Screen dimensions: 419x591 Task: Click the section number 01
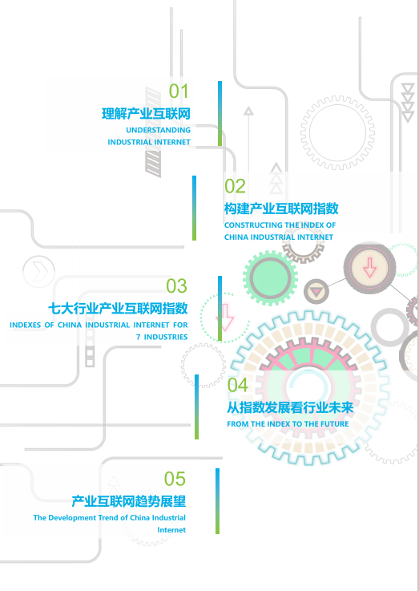[x=179, y=91]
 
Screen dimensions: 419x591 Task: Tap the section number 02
[x=235, y=186]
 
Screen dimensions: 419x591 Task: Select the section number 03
[x=176, y=286]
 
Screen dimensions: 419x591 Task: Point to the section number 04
[x=238, y=385]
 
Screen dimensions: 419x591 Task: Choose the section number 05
[x=175, y=479]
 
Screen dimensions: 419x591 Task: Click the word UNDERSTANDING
[x=158, y=130]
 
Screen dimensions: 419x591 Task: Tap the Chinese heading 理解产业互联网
[x=146, y=113]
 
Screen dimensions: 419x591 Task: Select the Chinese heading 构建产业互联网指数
[x=281, y=208]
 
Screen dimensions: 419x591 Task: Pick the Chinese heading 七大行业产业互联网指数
[x=118, y=308]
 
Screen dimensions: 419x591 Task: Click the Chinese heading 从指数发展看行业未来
[x=290, y=407]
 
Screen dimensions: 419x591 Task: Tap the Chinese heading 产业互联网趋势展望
[x=129, y=501]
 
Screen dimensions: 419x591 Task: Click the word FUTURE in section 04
[x=334, y=424]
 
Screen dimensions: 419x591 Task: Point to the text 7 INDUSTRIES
[x=162, y=337]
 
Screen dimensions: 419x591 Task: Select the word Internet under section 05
[x=171, y=530]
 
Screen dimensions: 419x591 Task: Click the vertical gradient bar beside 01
[x=220, y=113]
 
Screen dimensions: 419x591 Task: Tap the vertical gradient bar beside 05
[x=218, y=501]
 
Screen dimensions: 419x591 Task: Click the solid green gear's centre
[x=270, y=277]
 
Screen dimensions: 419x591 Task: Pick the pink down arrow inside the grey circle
[x=369, y=268]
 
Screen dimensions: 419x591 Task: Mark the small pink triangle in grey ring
[x=316, y=291]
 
